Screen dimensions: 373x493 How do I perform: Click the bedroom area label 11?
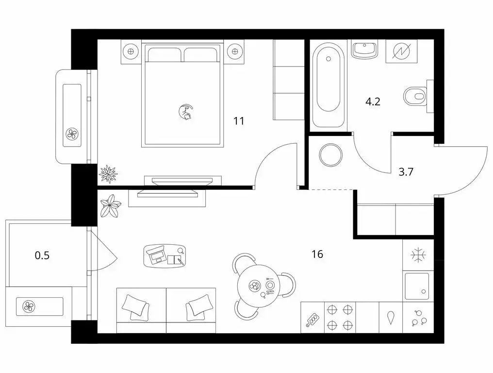pyautogui.click(x=238, y=120)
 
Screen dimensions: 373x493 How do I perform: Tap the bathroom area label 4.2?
pyautogui.click(x=372, y=102)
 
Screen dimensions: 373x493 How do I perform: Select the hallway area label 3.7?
pyautogui.click(x=406, y=170)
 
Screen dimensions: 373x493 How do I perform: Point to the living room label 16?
pyautogui.click(x=317, y=254)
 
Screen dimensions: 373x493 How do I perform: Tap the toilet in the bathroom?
pyautogui.click(x=415, y=96)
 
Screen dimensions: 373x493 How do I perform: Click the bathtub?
pyautogui.click(x=328, y=86)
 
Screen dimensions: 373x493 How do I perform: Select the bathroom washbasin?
pyautogui.click(x=364, y=50)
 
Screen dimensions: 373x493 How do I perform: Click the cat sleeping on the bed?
pyautogui.click(x=186, y=112)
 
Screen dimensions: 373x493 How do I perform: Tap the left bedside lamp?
pyautogui.click(x=130, y=51)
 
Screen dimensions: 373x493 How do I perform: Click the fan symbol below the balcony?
pyautogui.click(x=28, y=306)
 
